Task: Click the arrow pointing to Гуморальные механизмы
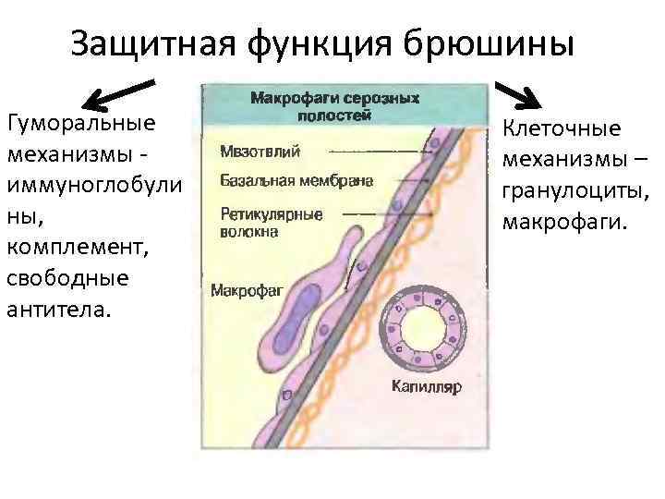(115, 93)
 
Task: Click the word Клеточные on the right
(562, 130)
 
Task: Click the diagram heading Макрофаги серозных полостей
(334, 105)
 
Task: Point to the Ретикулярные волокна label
(271, 223)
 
